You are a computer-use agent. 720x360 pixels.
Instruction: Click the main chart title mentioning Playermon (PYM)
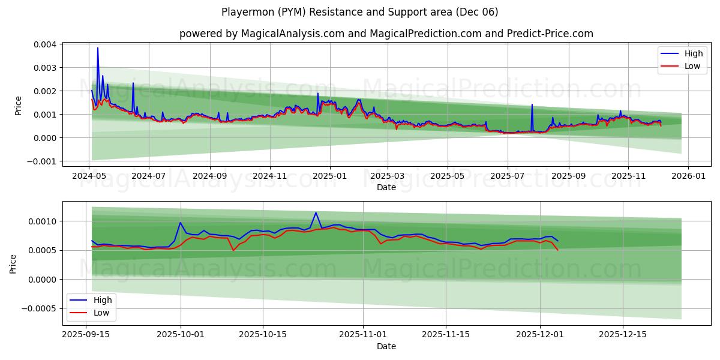point(359,12)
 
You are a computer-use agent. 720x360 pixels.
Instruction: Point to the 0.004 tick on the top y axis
point(46,44)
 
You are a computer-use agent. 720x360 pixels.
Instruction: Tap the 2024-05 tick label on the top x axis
point(89,176)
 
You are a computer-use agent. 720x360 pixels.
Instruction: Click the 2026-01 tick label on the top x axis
point(688,176)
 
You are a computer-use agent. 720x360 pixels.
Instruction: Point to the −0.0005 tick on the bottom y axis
point(40,308)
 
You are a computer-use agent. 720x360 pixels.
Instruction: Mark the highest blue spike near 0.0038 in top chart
point(98,48)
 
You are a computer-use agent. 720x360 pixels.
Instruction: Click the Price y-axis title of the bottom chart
point(13,263)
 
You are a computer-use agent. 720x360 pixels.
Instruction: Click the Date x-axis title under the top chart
point(386,187)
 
